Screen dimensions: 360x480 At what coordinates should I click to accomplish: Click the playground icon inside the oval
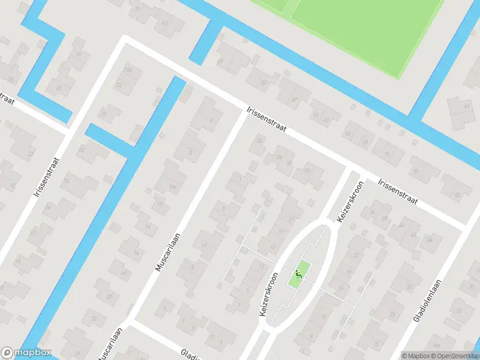click(299, 275)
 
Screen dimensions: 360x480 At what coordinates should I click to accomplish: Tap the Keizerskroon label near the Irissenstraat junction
click(351, 202)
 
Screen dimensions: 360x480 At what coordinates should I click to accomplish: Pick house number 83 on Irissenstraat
click(458, 195)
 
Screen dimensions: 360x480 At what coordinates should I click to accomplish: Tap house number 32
click(307, 170)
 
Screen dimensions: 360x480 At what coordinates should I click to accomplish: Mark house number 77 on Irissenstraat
click(415, 172)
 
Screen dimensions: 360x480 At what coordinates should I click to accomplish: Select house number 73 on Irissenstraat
click(387, 155)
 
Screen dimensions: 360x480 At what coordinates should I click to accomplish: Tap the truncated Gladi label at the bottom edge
click(190, 354)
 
